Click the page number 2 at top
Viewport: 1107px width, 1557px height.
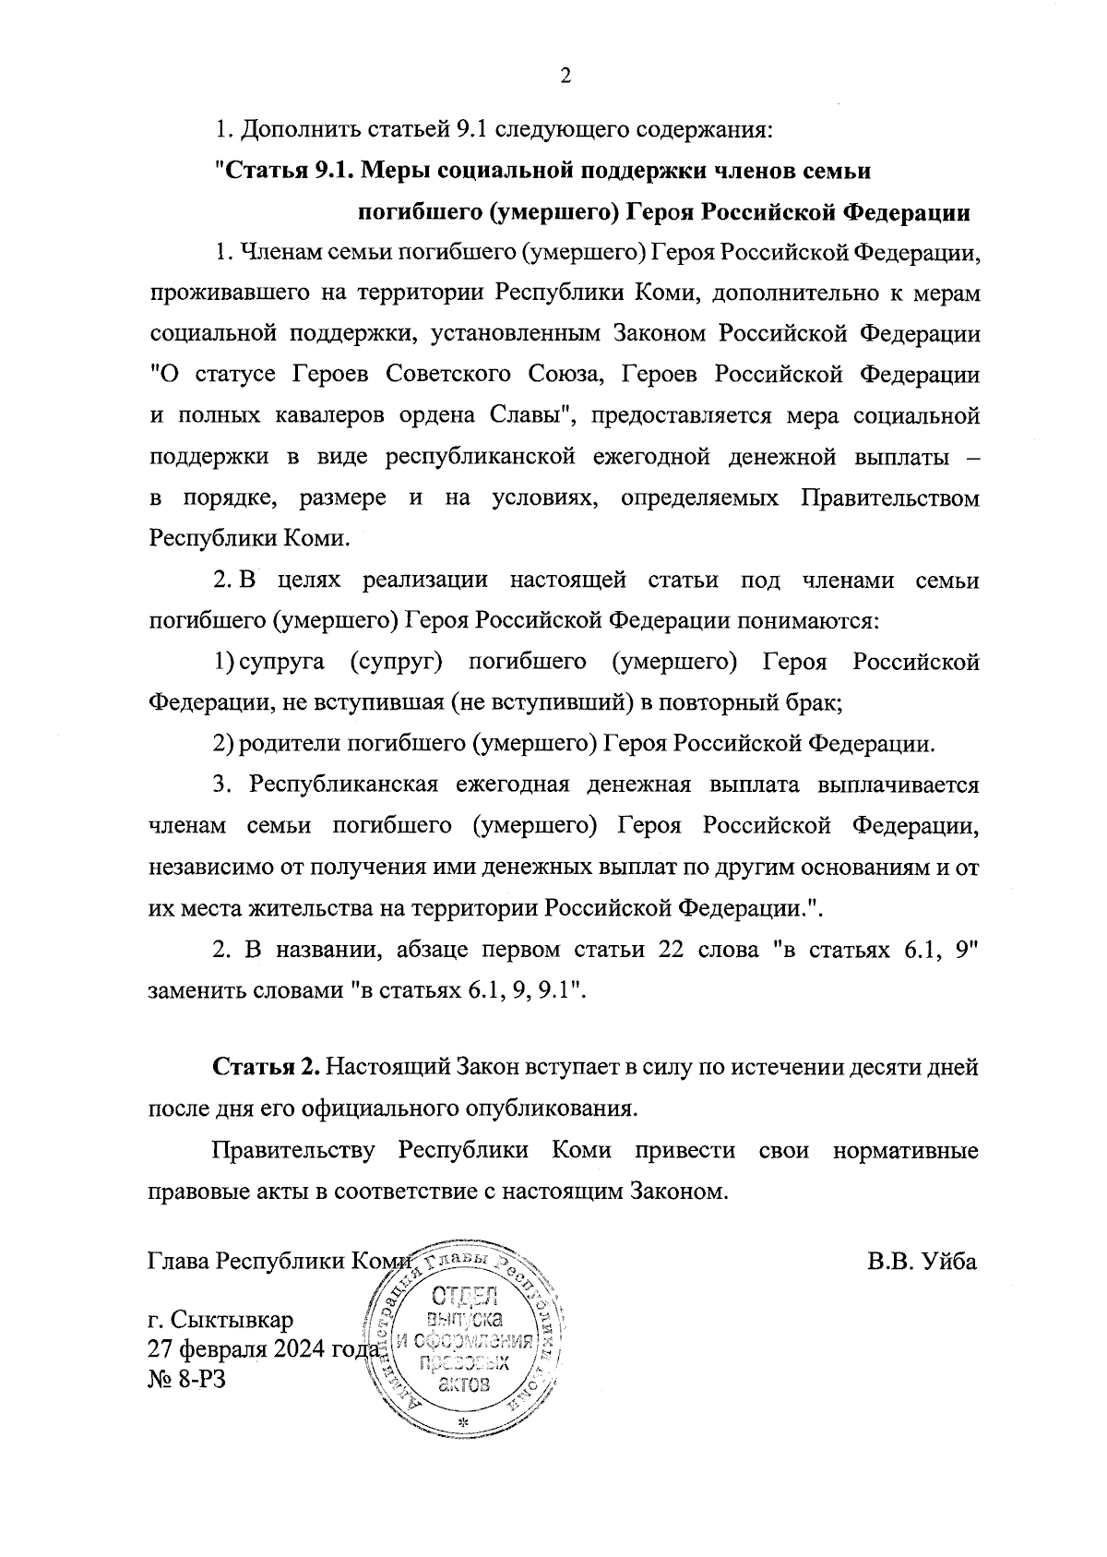pos(565,77)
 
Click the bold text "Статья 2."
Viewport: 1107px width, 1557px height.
pos(267,1068)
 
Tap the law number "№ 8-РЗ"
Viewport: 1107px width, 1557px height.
pos(186,1380)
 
